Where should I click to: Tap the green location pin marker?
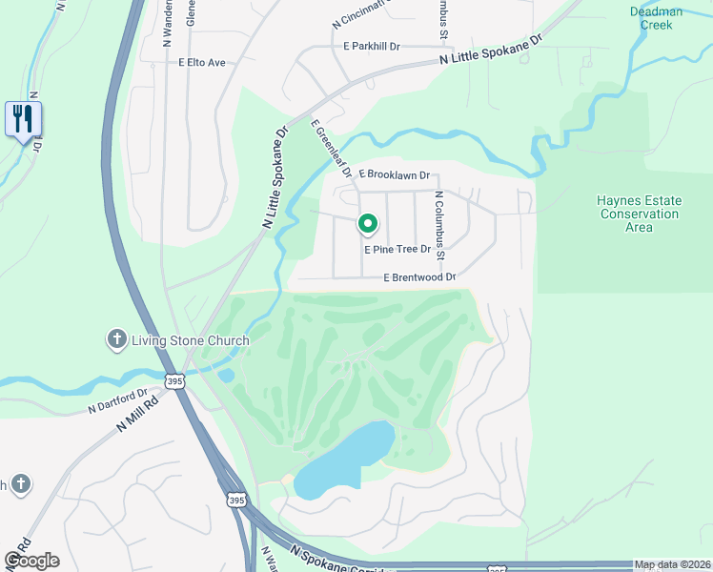[367, 224]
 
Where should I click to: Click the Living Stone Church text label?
[187, 340]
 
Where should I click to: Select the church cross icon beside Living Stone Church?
[116, 339]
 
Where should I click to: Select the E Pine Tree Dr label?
[397, 249]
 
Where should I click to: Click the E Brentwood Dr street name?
[419, 277]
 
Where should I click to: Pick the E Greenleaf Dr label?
[329, 149]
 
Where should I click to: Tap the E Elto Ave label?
[202, 63]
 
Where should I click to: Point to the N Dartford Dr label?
[117, 400]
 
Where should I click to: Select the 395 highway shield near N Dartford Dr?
[173, 381]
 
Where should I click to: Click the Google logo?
[31, 561]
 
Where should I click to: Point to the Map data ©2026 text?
[673, 564]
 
